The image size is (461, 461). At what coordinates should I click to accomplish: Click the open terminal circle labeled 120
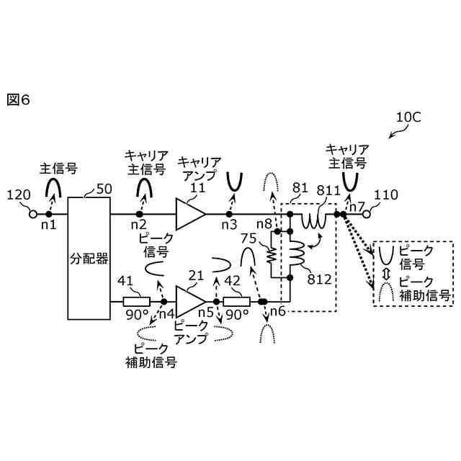(32, 214)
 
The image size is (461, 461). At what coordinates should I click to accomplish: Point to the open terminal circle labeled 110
(366, 214)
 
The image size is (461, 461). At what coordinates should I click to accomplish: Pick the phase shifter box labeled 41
(136, 301)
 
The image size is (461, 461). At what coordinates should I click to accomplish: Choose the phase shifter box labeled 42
(236, 301)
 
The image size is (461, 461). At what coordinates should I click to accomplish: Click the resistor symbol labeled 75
(273, 254)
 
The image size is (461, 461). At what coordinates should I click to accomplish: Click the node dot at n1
(49, 214)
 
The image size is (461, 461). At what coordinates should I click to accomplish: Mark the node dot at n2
(140, 214)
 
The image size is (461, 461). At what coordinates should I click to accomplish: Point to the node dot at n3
(229, 214)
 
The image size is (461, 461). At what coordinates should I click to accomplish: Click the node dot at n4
(164, 301)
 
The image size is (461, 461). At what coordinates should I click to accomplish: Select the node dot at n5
(215, 301)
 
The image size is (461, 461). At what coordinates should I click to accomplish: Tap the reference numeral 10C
(408, 117)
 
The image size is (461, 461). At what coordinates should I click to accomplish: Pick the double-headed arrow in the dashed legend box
(386, 274)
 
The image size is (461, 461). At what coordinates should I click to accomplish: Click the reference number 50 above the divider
(104, 189)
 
